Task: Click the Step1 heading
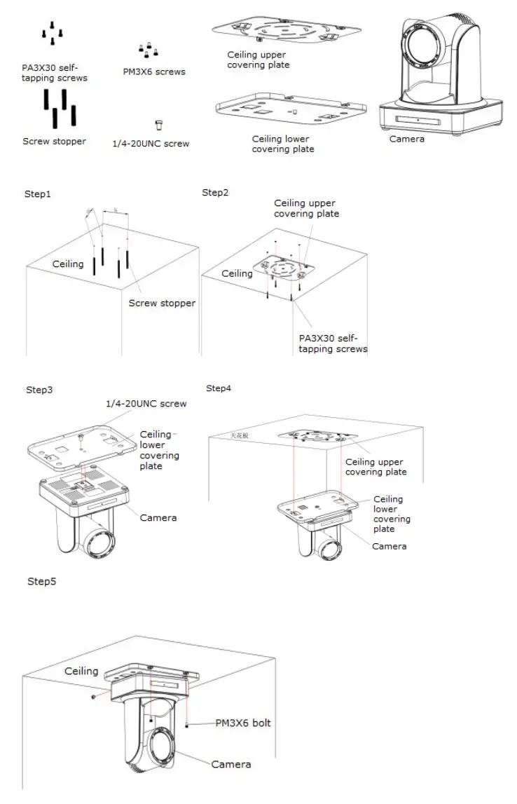coord(39,194)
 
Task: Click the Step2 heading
coord(215,193)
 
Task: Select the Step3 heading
coord(40,390)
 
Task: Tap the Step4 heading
coord(219,388)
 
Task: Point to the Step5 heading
coord(41,581)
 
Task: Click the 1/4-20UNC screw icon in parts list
coord(159,125)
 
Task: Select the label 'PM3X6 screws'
coord(153,71)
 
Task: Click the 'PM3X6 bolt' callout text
coord(242,723)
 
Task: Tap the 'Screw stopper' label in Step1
coord(162,304)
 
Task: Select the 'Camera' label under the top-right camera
coord(407,139)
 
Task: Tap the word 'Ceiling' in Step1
coord(68,264)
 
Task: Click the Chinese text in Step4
coord(240,435)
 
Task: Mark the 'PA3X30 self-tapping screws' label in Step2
coord(333,343)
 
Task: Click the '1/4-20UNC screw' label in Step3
coord(146,404)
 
